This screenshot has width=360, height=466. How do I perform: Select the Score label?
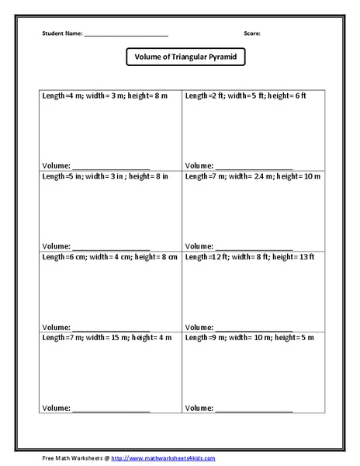[x=252, y=33]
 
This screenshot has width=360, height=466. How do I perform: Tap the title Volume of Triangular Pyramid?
[x=180, y=57]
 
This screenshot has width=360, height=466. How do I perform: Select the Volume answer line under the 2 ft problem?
[x=254, y=167]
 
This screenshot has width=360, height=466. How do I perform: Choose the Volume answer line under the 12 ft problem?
[x=254, y=327]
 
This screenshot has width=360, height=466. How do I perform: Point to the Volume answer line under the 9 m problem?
[x=254, y=408]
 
